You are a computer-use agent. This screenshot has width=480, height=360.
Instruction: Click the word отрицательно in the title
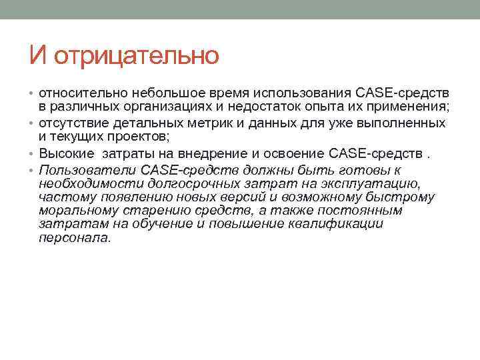click(137, 55)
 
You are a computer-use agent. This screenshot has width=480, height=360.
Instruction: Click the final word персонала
click(73, 237)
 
